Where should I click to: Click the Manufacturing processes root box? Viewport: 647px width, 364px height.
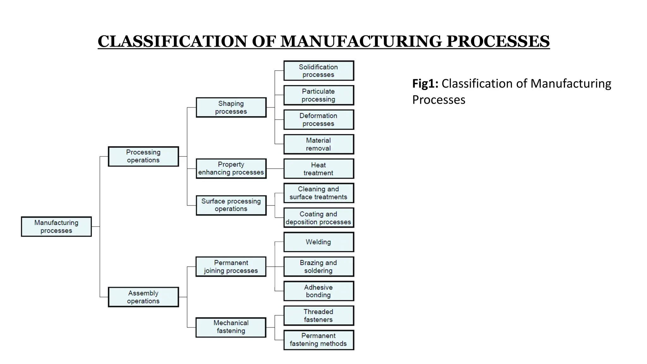pos(56,227)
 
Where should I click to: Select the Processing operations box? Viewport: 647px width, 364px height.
pos(143,156)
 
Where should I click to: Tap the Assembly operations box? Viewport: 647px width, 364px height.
pos(143,297)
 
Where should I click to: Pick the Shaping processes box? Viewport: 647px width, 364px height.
pos(231,107)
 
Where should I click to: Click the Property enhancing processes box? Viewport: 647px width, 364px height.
pos(231,168)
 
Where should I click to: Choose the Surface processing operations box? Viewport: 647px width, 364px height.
pos(231,205)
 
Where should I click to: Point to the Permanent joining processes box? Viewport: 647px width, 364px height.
pos(231,267)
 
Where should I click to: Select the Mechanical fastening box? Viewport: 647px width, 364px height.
pos(231,327)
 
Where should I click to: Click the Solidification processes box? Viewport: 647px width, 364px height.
pos(318,71)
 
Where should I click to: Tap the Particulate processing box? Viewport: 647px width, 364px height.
pos(318,95)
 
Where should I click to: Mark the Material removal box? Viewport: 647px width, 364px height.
pos(318,144)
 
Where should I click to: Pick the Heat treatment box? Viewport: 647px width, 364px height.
pos(318,169)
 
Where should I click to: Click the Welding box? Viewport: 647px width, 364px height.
pos(318,242)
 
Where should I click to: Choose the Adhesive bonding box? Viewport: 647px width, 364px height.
pos(318,291)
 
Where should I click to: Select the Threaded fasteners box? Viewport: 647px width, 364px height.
pos(318,315)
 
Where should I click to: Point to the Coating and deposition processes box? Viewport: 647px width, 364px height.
pos(318,218)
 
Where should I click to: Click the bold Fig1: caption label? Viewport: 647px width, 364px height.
pos(425,84)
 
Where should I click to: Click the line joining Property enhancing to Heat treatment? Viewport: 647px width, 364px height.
pos(275,169)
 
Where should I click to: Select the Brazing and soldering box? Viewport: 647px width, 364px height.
pos(318,267)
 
